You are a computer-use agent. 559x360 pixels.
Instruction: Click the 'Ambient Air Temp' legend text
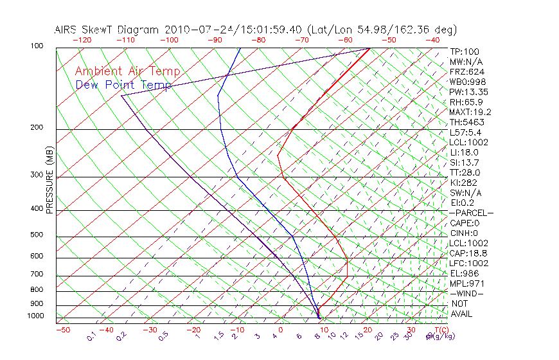coord(127,71)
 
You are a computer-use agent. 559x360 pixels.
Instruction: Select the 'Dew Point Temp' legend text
coord(123,85)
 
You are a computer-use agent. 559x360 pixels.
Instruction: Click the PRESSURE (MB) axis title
coord(49,180)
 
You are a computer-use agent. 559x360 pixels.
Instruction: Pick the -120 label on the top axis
coord(82,40)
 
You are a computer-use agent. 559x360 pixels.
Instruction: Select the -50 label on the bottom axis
coord(62,330)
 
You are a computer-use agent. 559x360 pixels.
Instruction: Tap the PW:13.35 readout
coord(465,92)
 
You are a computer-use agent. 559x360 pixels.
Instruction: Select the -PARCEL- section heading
coord(471,213)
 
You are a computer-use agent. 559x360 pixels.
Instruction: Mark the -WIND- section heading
coord(467,294)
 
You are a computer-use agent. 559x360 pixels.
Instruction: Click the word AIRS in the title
coord(66,30)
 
